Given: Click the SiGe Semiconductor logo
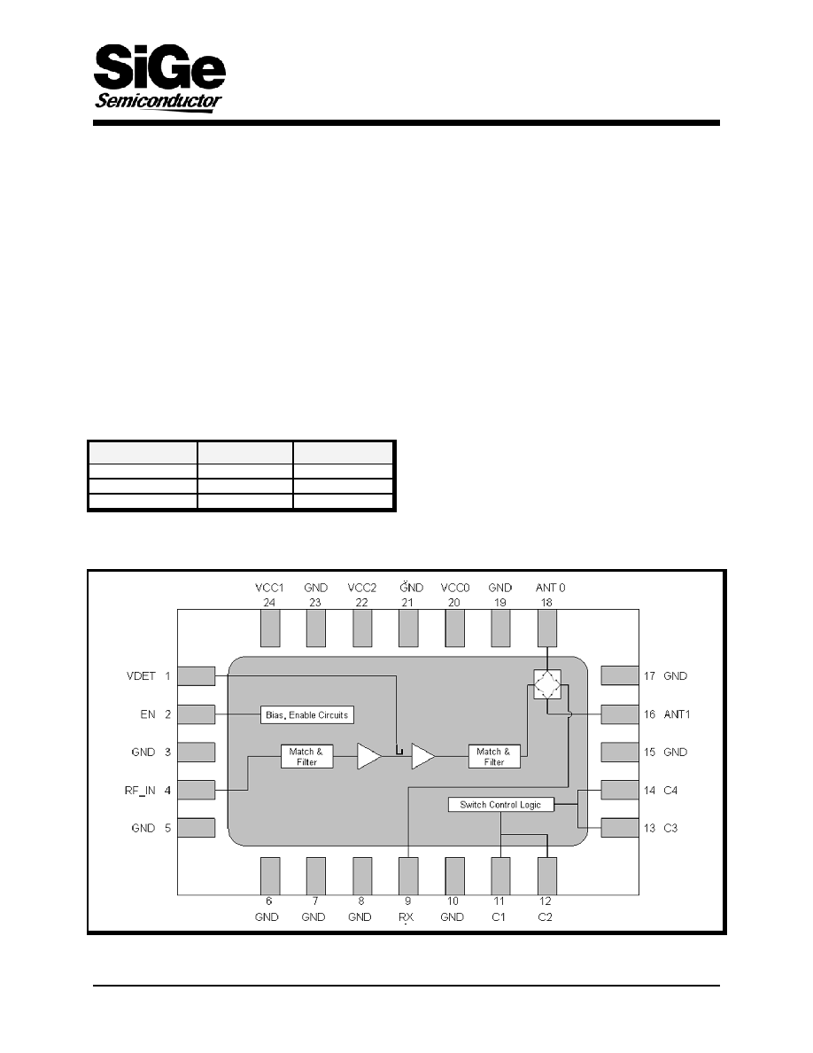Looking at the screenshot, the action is [x=159, y=77].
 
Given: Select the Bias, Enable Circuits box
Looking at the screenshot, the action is [x=306, y=714].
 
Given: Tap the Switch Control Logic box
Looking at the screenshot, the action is [x=500, y=805].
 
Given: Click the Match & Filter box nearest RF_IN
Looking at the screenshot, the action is [x=306, y=756].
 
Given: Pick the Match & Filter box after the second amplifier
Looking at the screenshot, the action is [x=494, y=756].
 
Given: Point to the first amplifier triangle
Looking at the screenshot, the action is [x=368, y=756].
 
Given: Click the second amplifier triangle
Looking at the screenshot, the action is [x=422, y=756].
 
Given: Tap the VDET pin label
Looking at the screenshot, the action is [x=141, y=676].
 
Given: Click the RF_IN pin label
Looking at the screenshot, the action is [x=140, y=791].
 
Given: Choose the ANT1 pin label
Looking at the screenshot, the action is [x=677, y=714].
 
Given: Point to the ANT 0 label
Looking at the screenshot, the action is [x=550, y=588].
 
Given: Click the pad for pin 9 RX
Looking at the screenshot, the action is [x=408, y=876].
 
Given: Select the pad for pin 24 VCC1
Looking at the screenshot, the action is [x=269, y=628].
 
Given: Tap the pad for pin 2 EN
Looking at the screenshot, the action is [x=197, y=714].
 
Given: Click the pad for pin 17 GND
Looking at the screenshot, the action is [x=620, y=675].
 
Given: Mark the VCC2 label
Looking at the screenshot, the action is [x=362, y=588].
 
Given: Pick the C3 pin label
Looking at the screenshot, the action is [x=670, y=828].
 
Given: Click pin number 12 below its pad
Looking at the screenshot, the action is [x=546, y=901].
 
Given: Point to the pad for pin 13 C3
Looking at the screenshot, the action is [x=620, y=828].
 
